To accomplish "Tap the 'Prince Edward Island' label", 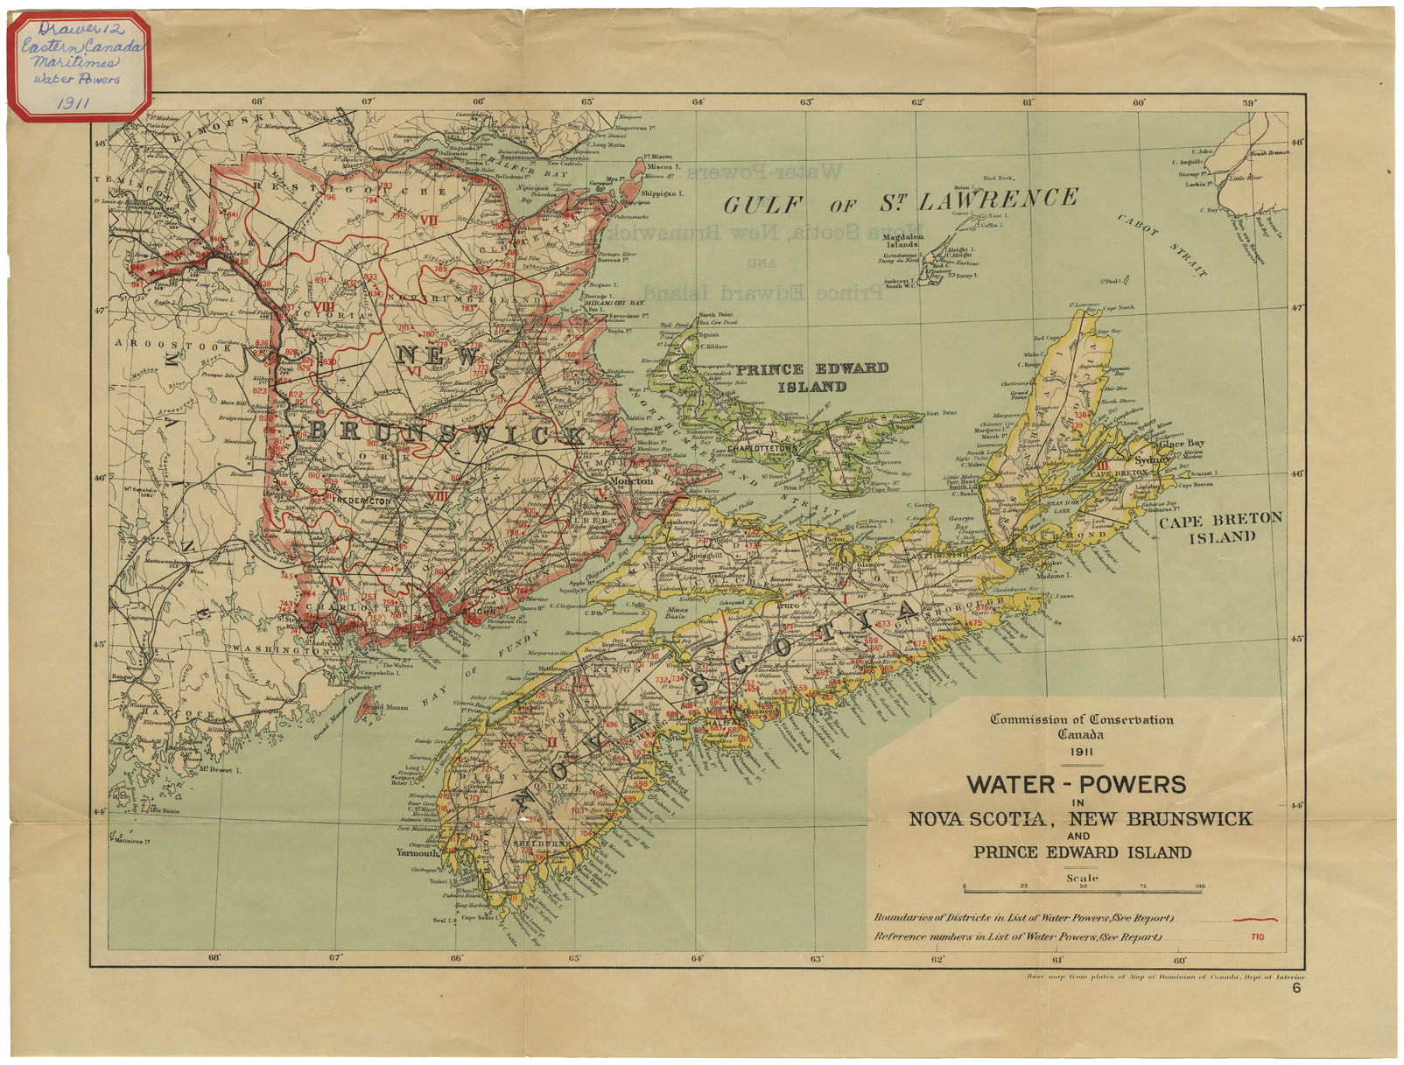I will point(811,377).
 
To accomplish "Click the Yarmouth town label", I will point(417,852).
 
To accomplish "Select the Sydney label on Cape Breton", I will point(1152,459).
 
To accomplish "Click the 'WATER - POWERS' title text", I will point(1076,784).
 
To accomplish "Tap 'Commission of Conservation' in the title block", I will point(1081,719).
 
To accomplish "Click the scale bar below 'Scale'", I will point(1082,890).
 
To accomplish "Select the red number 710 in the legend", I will point(1257,937).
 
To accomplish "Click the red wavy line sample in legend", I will point(1254,920).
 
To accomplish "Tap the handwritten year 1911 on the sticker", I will point(75,102).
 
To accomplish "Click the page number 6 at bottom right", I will point(1296,989).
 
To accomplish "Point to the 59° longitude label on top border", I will point(1250,102).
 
